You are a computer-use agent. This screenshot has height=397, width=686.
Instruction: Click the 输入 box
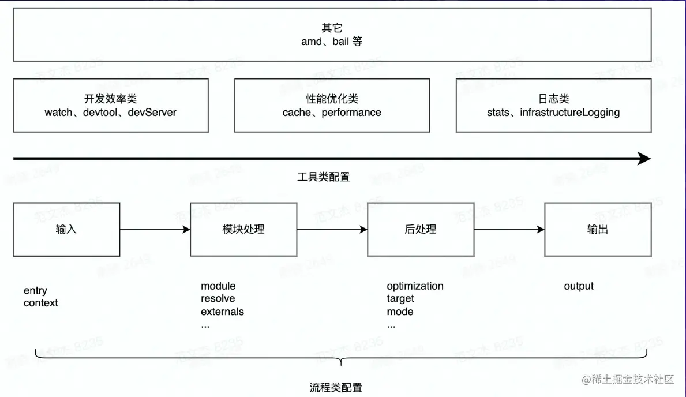click(66, 229)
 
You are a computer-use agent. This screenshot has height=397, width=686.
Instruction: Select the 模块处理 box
click(243, 229)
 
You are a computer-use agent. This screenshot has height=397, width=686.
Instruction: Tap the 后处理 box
click(421, 229)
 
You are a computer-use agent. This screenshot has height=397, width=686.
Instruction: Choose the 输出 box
click(598, 229)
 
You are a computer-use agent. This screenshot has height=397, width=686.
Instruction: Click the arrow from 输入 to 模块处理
click(155, 230)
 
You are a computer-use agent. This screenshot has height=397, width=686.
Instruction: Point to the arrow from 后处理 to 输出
click(509, 230)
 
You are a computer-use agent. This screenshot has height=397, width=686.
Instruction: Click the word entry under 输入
click(35, 290)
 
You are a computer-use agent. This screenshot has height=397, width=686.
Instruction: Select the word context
click(41, 303)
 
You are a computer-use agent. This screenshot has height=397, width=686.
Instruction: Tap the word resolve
click(218, 299)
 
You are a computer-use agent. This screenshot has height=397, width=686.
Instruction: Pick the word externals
click(222, 312)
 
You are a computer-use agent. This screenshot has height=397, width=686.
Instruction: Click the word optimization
click(415, 286)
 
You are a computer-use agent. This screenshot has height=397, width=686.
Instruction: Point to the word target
click(400, 299)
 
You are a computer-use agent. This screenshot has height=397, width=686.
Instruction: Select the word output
click(579, 286)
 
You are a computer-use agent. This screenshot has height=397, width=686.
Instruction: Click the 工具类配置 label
click(324, 177)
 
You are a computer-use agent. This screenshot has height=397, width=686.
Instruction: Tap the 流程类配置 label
click(336, 388)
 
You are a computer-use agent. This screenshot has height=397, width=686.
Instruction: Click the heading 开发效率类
click(110, 99)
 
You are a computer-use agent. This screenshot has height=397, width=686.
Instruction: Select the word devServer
click(152, 113)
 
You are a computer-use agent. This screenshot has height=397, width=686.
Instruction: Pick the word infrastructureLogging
click(569, 113)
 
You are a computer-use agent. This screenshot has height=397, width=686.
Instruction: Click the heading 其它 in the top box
click(332, 28)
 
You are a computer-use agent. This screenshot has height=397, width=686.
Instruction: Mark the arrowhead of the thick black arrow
click(644, 159)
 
